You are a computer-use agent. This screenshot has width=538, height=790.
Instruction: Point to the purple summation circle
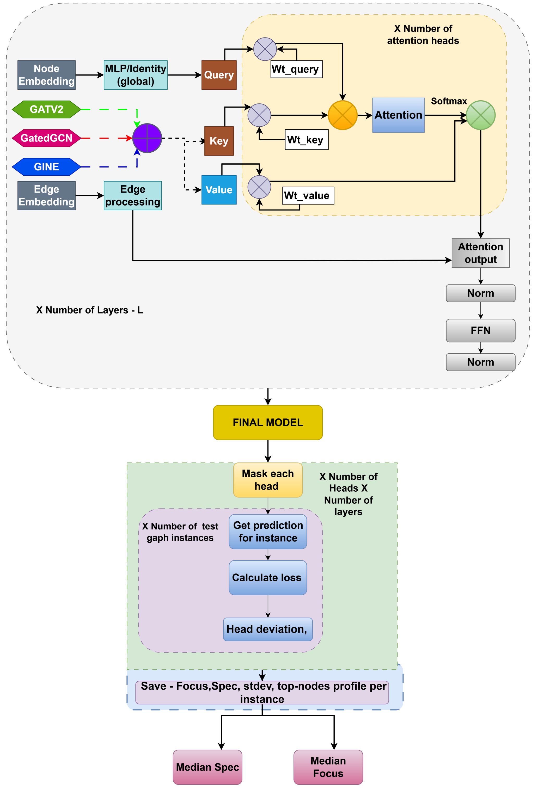click(x=147, y=138)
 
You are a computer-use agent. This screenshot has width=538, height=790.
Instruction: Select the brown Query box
click(x=219, y=75)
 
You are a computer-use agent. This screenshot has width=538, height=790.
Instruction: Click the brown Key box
click(x=219, y=141)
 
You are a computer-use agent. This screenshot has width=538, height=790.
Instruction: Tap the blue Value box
click(x=219, y=190)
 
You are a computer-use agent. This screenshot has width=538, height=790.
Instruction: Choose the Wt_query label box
click(x=296, y=69)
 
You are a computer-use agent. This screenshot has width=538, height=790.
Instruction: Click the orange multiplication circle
click(x=343, y=115)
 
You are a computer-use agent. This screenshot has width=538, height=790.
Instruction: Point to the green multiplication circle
click(x=481, y=115)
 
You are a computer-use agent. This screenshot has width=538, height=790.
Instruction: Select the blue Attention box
click(x=398, y=115)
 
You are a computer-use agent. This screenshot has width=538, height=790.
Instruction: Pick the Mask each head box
click(x=268, y=480)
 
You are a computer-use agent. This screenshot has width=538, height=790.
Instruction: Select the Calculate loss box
click(x=268, y=578)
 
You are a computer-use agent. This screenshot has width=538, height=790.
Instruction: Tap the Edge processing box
click(x=133, y=195)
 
